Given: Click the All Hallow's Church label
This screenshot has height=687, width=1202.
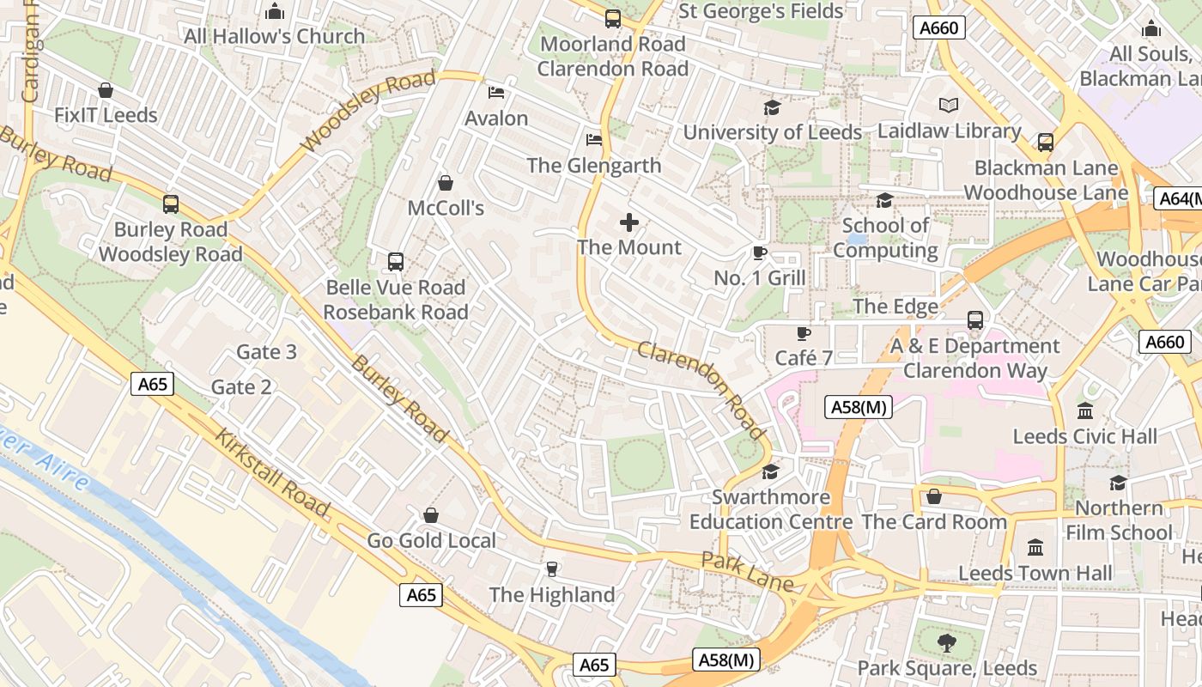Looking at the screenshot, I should point(275,36).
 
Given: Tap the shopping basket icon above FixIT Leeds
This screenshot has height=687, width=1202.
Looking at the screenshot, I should point(106,90).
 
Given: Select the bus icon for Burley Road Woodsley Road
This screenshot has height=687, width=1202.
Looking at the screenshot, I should point(171,204).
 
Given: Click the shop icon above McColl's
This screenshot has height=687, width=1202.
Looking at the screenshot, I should point(445,183).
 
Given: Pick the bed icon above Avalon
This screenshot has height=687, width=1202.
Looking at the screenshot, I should point(495,93).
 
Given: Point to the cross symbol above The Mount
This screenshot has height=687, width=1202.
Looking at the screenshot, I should point(629,222).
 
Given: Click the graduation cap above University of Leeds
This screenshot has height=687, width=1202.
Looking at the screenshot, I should point(772,107).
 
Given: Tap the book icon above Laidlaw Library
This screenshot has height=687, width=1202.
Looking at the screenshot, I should point(948,106).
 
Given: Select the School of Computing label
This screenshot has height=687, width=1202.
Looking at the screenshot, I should point(885,238).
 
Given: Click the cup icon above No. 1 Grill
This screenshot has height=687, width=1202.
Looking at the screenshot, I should point(759,252).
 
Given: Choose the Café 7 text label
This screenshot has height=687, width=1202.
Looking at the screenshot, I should point(804,357).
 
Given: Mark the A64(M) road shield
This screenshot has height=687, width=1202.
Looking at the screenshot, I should point(1178,198).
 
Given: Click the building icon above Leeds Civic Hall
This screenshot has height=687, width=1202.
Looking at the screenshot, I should point(1084,410).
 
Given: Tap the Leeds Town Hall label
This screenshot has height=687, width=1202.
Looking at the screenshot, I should point(1035,573).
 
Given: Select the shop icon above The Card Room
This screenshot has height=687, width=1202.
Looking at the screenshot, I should point(934,496).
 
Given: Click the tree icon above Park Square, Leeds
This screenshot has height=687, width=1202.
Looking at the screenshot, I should point(946,642).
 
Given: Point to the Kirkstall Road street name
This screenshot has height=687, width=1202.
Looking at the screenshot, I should point(270,473).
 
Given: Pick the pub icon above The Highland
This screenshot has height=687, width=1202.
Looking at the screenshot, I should point(551,569).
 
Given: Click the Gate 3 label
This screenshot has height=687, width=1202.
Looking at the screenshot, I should point(266,352).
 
